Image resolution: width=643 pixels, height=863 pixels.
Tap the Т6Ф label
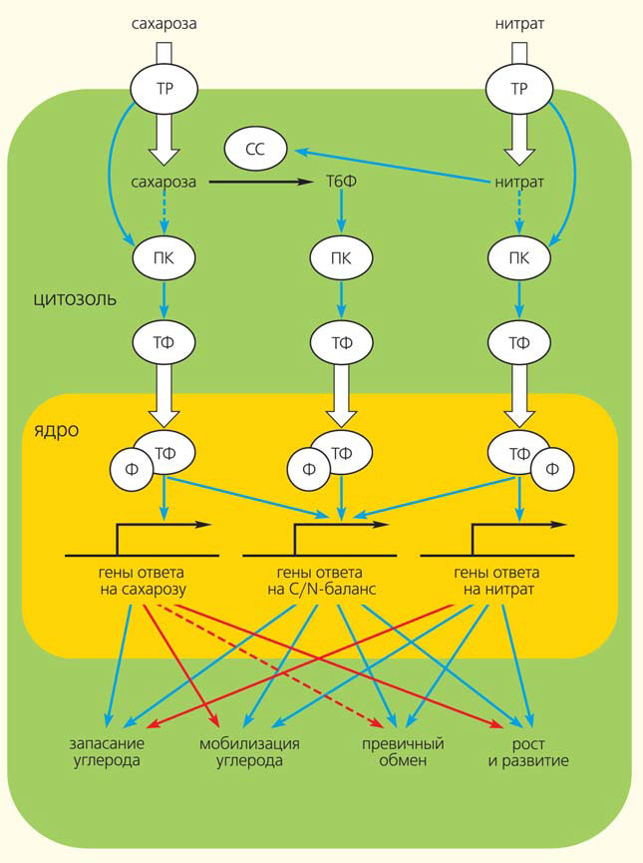point(342,183)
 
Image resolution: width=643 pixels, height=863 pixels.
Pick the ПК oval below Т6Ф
point(342,257)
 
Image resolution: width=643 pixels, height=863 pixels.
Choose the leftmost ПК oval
point(164,257)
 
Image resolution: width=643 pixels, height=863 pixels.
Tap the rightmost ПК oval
point(518,257)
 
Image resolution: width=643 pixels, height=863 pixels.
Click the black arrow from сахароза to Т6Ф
point(259,183)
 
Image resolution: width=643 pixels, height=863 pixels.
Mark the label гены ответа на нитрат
point(496,581)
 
